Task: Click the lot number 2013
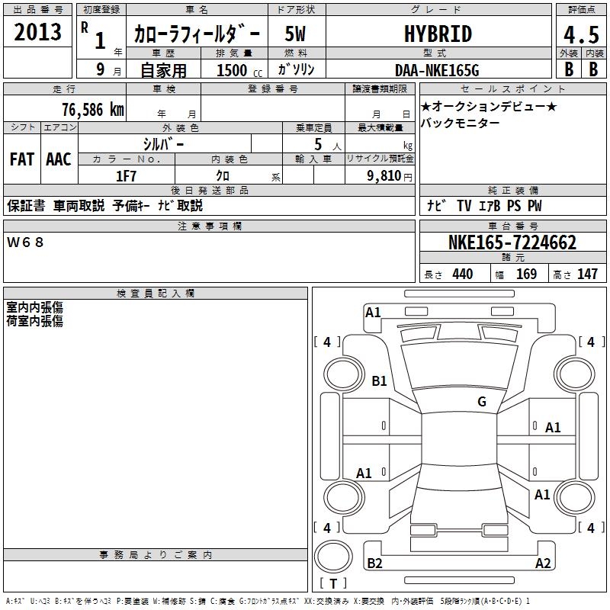point(38,33)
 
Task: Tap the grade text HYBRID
point(437,34)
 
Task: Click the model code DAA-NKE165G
point(437,70)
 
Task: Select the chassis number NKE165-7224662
point(512,243)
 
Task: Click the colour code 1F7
point(126,175)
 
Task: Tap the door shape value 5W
point(297,34)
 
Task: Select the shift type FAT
point(21,159)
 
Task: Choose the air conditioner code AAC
point(58,159)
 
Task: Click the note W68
point(26,242)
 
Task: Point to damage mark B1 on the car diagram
point(379,381)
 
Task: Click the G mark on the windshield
point(481,402)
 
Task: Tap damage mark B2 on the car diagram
point(374,563)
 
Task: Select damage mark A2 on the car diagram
point(543,563)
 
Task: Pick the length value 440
point(462,274)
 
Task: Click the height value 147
point(587,274)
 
